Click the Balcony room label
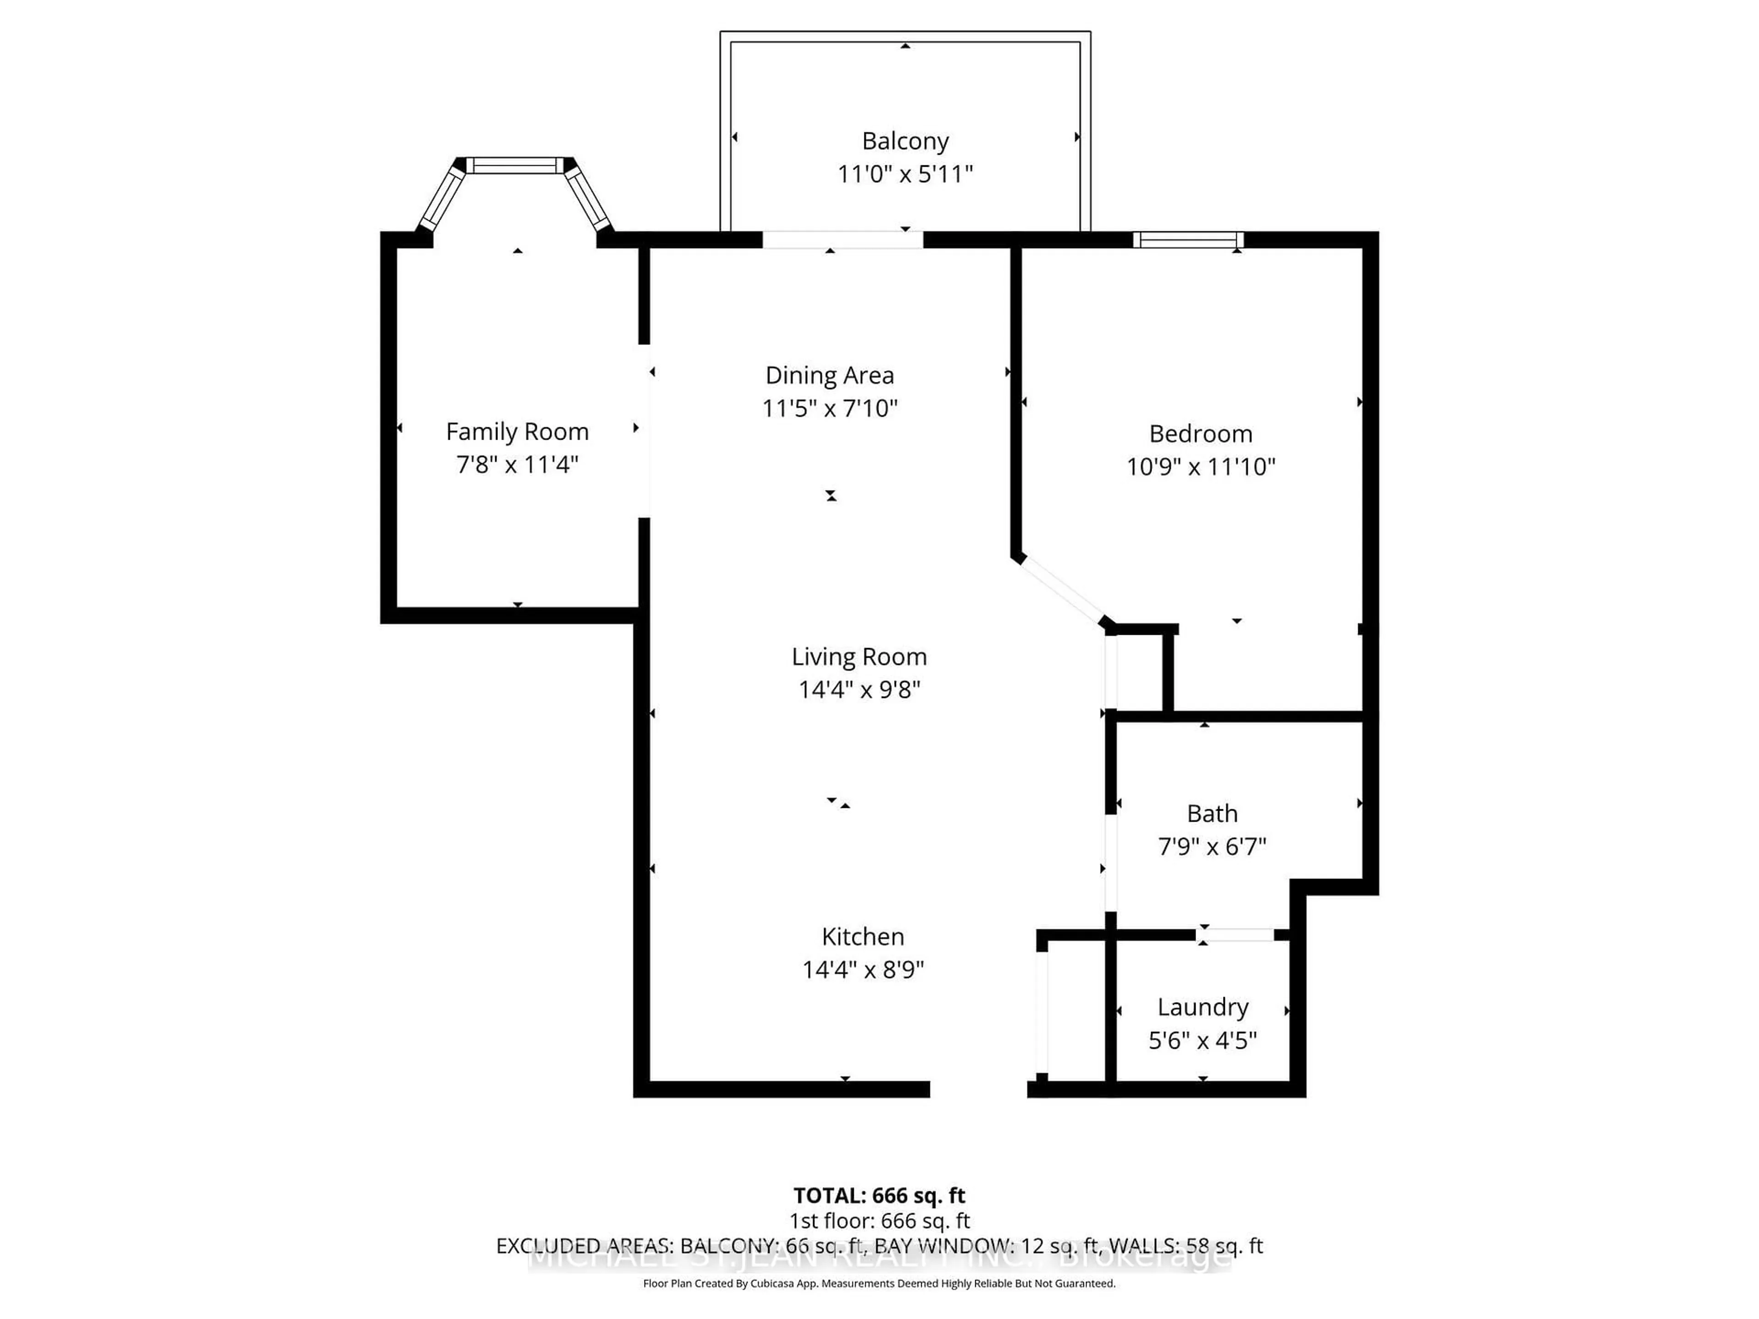coord(905,141)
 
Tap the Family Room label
coord(517,432)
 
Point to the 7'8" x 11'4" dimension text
coord(517,464)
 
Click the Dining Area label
coord(830,375)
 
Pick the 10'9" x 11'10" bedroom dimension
coord(1200,467)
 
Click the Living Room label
coord(859,657)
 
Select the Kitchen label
coord(863,937)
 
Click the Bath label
coord(1212,813)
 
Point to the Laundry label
coord(1202,1007)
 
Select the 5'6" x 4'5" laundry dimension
coord(1202,1041)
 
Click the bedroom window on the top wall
coord(1188,240)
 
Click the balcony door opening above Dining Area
coord(843,240)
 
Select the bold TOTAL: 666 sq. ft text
coord(879,1196)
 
